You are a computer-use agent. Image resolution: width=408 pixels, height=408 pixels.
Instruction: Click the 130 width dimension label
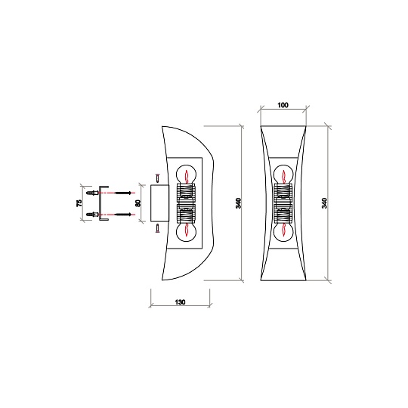(x=181, y=301)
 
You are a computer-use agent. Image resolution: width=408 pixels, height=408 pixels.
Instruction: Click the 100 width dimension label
(x=283, y=106)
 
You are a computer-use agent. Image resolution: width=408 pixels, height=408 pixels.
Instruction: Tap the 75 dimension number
(x=79, y=203)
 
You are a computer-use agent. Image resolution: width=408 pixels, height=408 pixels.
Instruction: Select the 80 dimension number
(x=138, y=203)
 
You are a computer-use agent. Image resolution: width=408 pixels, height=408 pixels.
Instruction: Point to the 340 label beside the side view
(x=239, y=202)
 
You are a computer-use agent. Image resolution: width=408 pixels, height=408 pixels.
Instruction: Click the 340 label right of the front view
(x=325, y=202)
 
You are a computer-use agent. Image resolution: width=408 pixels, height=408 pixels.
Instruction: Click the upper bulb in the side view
(x=185, y=176)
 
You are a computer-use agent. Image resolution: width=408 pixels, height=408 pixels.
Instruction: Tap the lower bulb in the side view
(x=185, y=231)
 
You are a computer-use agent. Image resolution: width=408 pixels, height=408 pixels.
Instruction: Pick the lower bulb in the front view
(x=283, y=232)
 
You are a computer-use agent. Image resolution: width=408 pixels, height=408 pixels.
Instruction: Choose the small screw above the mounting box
(x=156, y=178)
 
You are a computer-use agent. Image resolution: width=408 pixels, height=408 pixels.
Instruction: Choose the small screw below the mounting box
(x=156, y=228)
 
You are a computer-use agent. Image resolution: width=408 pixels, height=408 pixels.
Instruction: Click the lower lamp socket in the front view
(x=283, y=215)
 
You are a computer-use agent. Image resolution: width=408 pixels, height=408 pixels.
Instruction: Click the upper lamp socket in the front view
(x=283, y=193)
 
